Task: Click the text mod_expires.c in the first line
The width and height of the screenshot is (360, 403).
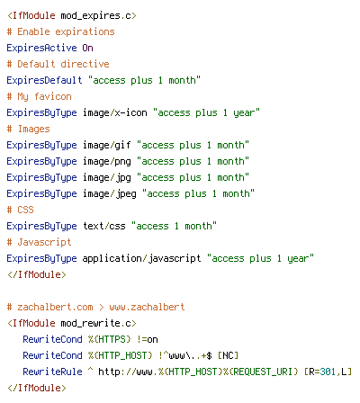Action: click(98, 16)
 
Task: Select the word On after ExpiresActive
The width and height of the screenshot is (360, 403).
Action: click(87, 48)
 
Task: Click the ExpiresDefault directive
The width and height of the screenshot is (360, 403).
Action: click(44, 80)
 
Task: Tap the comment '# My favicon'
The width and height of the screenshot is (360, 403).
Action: click(40, 97)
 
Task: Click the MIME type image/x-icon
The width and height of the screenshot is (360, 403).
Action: click(115, 112)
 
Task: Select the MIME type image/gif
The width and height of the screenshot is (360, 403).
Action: click(107, 146)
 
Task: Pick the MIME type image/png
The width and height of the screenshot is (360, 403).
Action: click(107, 162)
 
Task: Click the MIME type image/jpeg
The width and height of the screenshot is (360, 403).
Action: click(110, 194)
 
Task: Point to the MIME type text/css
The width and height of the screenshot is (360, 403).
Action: click(104, 226)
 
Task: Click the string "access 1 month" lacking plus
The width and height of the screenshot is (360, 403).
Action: click(174, 226)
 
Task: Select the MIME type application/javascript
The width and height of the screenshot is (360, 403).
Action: click(142, 258)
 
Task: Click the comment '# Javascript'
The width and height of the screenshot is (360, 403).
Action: click(40, 242)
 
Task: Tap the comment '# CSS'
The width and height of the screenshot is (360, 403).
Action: click(20, 210)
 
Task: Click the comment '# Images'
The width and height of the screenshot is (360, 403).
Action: click(29, 130)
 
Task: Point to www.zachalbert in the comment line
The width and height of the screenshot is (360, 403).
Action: click(147, 307)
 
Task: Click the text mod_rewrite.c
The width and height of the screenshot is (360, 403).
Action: click(98, 324)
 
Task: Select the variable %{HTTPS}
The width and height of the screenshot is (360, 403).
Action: click(110, 339)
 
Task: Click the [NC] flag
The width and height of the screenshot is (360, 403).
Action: click(228, 355)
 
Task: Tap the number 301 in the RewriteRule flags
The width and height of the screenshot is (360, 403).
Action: click(328, 372)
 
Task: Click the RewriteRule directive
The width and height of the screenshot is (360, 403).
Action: click(52, 372)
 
